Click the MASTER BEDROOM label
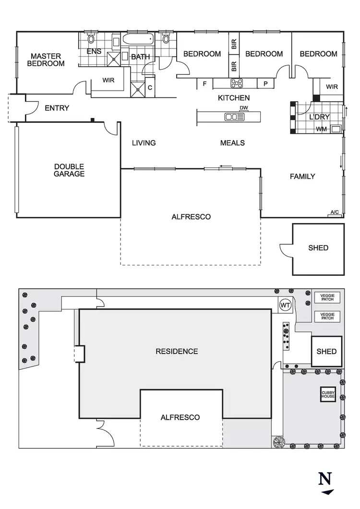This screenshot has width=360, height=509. pos(46,59)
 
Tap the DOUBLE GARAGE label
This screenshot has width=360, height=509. pos(69,170)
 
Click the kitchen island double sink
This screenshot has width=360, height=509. pos(231,117)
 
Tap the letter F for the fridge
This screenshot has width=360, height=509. pos(205,84)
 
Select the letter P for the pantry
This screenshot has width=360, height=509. pos(265,84)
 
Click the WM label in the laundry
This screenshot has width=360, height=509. pos(321,129)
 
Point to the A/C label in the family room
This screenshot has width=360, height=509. pos(334,212)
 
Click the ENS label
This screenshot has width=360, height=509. pos(94,51)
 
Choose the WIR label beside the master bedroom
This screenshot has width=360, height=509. pos(108,80)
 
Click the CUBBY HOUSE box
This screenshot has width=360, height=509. pos(328,394)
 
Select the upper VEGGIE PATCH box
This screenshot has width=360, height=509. pos(327,298)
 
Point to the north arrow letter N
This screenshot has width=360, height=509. pos(325,478)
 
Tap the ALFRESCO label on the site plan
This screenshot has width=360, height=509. pos(180,417)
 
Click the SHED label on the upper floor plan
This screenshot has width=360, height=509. pos(318,248)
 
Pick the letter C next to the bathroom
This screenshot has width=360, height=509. pos(150,88)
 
